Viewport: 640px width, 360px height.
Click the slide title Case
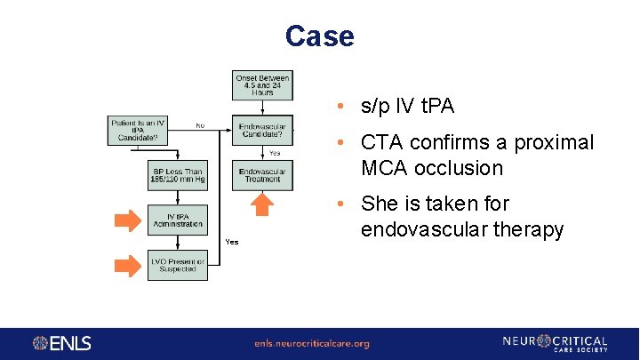tap(319, 36)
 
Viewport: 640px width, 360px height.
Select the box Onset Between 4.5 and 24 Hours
tap(262, 85)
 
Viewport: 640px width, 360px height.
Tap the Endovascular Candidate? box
tap(262, 130)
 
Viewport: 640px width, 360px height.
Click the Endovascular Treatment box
tap(262, 175)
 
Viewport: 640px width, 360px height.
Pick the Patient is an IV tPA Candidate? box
tap(138, 130)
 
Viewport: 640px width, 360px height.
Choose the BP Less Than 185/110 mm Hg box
tap(177, 175)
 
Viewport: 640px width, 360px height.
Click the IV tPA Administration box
tap(177, 220)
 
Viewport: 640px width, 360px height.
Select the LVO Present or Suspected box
tap(177, 265)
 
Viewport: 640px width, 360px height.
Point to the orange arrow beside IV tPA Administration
tap(128, 220)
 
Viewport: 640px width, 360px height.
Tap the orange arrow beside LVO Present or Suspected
tap(128, 265)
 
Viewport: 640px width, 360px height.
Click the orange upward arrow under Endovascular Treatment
tap(262, 205)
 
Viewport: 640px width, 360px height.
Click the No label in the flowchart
tap(200, 125)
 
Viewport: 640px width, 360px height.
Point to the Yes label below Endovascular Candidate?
tap(275, 153)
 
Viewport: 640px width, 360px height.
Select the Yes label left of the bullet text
tap(231, 242)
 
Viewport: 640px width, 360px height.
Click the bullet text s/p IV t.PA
tap(407, 107)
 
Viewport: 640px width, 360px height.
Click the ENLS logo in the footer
tap(62, 343)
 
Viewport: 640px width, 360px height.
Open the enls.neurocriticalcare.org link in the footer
tap(311, 343)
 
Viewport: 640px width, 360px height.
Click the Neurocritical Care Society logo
tap(555, 343)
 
